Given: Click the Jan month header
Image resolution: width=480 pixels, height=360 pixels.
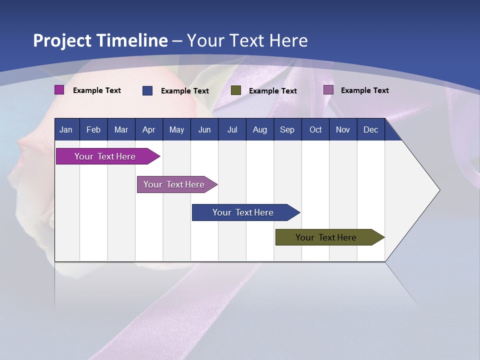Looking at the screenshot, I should point(66,129).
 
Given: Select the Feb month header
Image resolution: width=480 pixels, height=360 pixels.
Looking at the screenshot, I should point(93,129).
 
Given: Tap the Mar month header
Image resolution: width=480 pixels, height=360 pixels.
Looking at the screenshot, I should point(121,129).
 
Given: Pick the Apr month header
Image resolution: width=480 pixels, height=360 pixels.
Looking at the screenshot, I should point(149,129).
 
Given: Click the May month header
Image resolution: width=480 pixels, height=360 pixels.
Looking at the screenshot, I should point(176,129).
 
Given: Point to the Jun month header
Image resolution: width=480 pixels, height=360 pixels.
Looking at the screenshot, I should point(204,129).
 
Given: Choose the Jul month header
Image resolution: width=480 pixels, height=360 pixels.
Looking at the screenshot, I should point(232,129).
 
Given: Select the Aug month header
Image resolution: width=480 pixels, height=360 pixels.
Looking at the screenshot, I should point(260,129).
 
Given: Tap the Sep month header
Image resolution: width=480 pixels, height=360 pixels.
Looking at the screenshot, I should point(287,129).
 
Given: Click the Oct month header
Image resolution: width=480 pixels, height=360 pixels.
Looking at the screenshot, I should point(315,129).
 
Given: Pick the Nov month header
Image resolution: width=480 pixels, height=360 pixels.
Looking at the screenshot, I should point(343,129).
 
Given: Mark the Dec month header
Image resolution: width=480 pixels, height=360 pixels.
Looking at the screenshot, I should point(371,129).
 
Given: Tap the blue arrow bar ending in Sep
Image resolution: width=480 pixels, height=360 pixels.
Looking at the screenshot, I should point(243,212).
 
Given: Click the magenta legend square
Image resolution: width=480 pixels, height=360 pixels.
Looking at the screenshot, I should point(59,90).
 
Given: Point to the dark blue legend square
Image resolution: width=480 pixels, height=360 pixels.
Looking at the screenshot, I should point(147,90).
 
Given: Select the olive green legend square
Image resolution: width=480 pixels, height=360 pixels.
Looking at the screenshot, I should point(236,90).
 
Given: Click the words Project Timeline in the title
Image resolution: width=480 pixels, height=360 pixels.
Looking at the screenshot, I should point(100,40).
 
